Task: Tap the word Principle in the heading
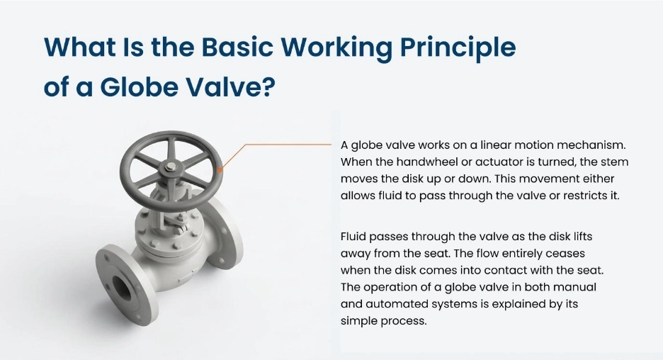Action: click(x=456, y=47)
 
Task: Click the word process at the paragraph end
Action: click(x=403, y=321)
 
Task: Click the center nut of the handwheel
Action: click(x=172, y=167)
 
